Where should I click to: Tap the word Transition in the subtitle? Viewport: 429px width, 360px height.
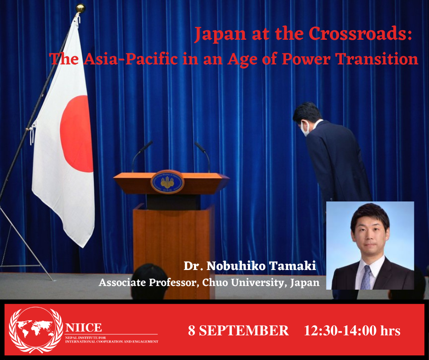pyautogui.click(x=377, y=58)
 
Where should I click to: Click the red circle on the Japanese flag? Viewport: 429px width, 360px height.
pyautogui.click(x=77, y=134)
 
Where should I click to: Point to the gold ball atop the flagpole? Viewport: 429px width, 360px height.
pyautogui.click(x=80, y=8)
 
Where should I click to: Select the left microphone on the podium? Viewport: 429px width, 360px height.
pyautogui.click(x=142, y=156)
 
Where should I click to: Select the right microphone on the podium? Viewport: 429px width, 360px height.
pyautogui.click(x=203, y=156)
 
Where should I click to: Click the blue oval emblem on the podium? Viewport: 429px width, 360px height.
pyautogui.click(x=167, y=182)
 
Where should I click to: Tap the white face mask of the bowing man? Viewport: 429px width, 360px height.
pyautogui.click(x=305, y=128)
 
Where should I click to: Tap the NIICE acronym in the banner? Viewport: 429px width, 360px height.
pyautogui.click(x=84, y=328)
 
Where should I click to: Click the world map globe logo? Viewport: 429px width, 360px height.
pyautogui.click(x=36, y=329)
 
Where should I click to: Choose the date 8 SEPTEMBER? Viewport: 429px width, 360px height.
pyautogui.click(x=238, y=330)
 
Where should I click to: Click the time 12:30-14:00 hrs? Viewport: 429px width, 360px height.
pyautogui.click(x=352, y=330)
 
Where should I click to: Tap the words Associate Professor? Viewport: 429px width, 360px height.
pyautogui.click(x=148, y=282)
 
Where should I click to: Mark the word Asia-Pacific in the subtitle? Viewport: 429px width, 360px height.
pyautogui.click(x=131, y=58)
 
